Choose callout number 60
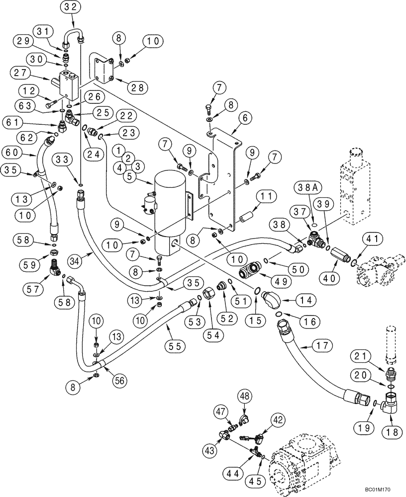click(13, 152)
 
